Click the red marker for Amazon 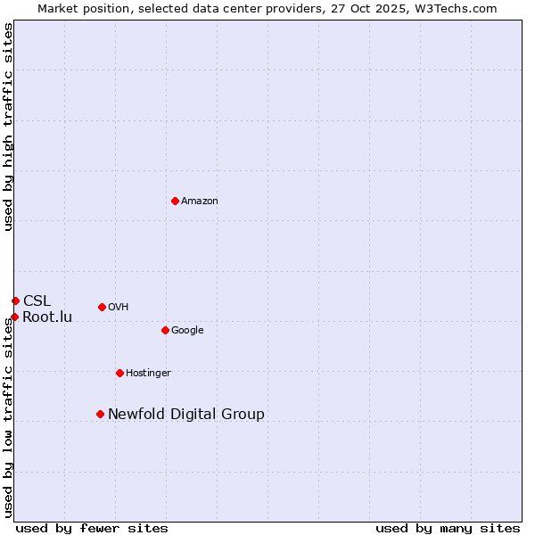tap(175, 201)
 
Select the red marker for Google tap(165, 330)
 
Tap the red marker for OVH tap(102, 307)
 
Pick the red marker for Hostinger tap(119, 373)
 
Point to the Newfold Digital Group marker tap(100, 414)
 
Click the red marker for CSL tap(15, 300)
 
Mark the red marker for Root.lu tap(14, 317)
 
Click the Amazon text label tap(200, 202)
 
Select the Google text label tap(187, 331)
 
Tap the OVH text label tap(119, 308)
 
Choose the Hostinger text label tap(148, 374)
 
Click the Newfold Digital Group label tap(186, 415)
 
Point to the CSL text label tap(37, 301)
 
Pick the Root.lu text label tap(47, 317)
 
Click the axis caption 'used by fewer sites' tap(92, 529)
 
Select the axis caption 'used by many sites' tap(448, 529)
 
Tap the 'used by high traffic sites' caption tap(8, 128)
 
